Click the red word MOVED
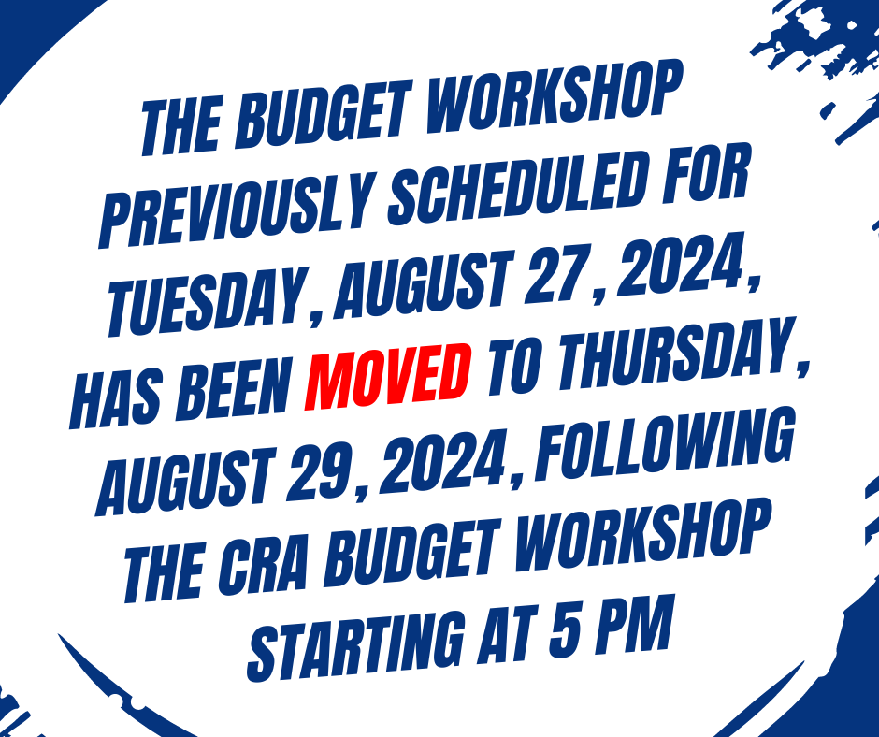click(388, 376)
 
